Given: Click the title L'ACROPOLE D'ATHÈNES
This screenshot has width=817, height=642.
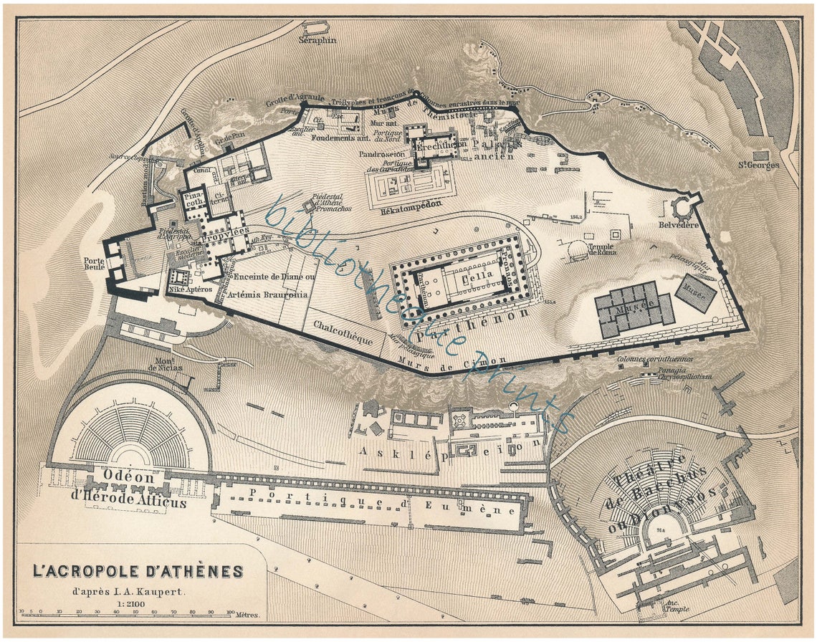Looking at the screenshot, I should tap(138, 572).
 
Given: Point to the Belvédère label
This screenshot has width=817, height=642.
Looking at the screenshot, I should tap(679, 225).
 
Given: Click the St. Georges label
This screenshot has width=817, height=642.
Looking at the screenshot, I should tap(759, 166).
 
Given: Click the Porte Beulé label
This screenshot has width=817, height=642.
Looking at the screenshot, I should tap(94, 265).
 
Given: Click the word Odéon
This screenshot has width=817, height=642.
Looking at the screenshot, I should tap(129, 477).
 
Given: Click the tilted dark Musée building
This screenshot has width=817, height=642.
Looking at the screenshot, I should tap(696, 292).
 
